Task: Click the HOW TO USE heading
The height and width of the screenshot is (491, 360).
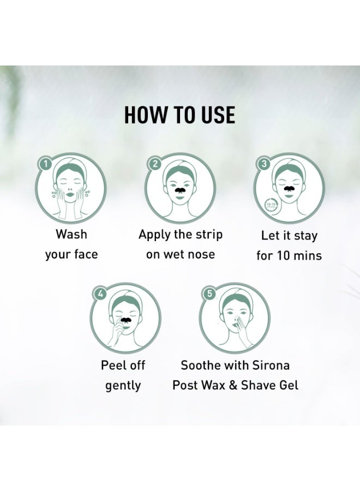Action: [179, 115]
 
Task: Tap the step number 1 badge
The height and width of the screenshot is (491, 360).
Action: [46, 163]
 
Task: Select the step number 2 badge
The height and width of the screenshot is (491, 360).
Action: [155, 163]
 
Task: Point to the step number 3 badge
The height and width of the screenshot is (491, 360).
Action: [264, 163]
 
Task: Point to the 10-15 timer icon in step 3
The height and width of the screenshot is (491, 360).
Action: [270, 206]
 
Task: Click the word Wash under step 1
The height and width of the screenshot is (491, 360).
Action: [71, 235]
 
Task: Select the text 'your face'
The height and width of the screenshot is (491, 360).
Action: [71, 254]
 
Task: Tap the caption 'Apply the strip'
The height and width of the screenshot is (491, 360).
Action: [180, 235]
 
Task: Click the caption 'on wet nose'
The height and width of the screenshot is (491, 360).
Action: [180, 254]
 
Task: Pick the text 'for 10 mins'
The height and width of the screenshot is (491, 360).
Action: [289, 255]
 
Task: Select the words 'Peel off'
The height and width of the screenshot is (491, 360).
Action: [123, 365]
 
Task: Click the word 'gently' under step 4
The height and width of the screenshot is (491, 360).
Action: [123, 386]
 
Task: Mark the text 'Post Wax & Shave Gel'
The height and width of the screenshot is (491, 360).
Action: [235, 385]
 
